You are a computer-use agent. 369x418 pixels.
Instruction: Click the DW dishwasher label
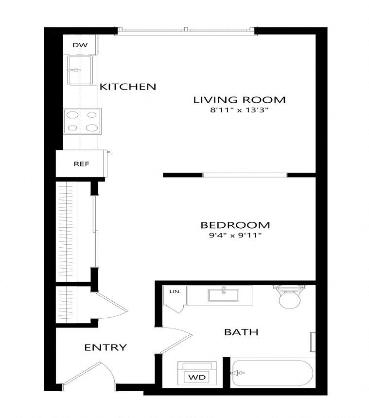pyautogui.click(x=80, y=45)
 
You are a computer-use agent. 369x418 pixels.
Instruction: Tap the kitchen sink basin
pyautogui.click(x=80, y=70)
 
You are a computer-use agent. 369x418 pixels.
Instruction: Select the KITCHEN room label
pyautogui.click(x=128, y=87)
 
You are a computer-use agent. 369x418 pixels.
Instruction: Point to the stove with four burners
pyautogui.click(x=82, y=121)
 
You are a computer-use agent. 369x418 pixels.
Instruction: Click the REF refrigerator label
pyautogui.click(x=82, y=164)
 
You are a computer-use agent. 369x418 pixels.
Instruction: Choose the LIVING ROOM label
pyautogui.click(x=239, y=100)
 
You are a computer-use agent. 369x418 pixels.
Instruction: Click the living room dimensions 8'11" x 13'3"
pyautogui.click(x=239, y=110)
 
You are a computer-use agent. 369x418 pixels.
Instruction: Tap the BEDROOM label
pyautogui.click(x=235, y=225)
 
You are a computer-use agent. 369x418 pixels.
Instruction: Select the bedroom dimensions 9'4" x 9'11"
pyautogui.click(x=235, y=236)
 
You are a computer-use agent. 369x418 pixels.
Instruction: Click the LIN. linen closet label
pyautogui.click(x=175, y=291)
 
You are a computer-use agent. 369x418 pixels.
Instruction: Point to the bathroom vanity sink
pyautogui.click(x=224, y=295)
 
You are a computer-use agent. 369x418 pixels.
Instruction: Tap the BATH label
pyautogui.click(x=241, y=332)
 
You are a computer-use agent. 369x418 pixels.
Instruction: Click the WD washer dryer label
pyautogui.click(x=197, y=377)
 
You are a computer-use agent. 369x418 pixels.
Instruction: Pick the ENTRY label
pyautogui.click(x=105, y=347)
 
